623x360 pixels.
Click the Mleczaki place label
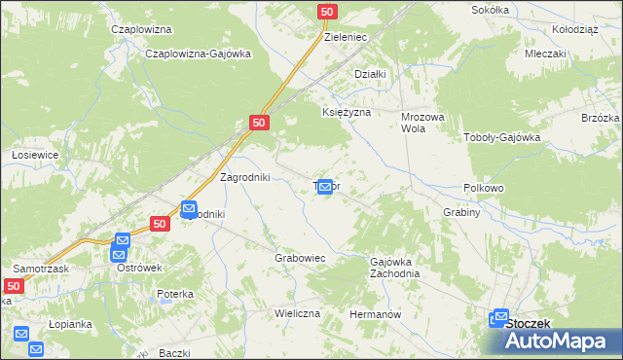click(545, 54)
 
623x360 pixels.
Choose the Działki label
click(371, 74)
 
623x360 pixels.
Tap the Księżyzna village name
click(347, 113)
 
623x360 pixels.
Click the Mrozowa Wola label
click(422, 122)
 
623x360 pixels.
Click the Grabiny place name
click(461, 212)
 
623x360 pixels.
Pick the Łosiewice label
click(36, 155)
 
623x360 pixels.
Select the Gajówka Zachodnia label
click(394, 268)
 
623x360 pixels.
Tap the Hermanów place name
click(376, 315)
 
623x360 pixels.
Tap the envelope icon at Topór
click(326, 186)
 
